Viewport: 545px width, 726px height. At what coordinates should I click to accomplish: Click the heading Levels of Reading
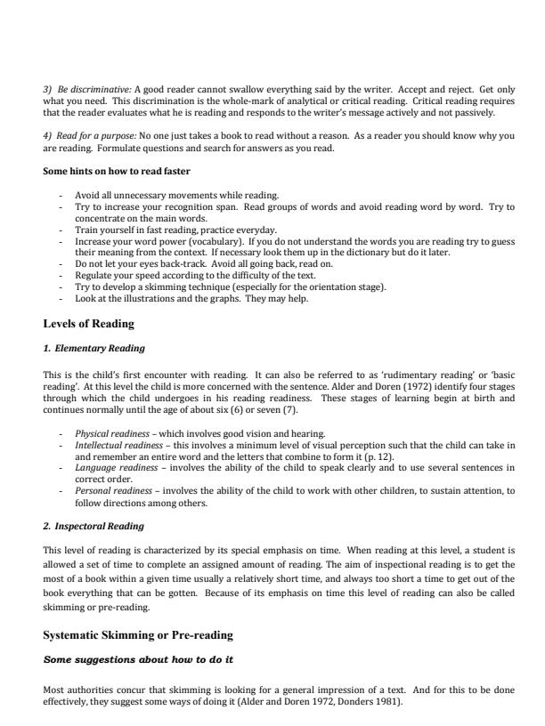(x=89, y=323)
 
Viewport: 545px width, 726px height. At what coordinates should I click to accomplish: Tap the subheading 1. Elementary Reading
(x=94, y=348)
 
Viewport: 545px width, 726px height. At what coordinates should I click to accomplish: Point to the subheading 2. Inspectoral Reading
(x=94, y=526)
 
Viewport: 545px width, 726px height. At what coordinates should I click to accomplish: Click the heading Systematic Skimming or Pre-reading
(x=138, y=635)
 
